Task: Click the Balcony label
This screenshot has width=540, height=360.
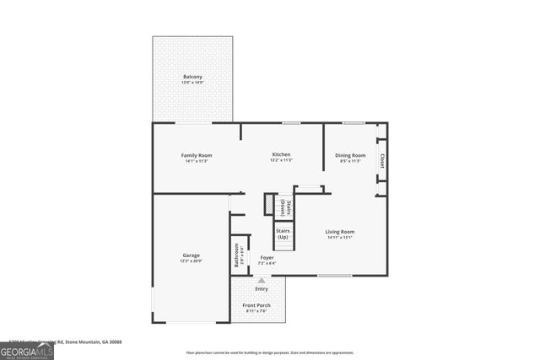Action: (192, 77)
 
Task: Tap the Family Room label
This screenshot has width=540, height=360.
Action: (197, 155)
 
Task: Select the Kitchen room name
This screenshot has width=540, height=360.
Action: (281, 155)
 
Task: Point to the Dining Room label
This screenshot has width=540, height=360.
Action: (350, 155)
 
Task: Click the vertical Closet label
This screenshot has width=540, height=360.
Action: (381, 160)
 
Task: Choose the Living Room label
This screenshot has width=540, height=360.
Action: (341, 231)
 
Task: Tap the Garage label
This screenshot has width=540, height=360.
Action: (191, 255)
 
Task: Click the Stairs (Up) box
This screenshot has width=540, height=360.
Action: (283, 234)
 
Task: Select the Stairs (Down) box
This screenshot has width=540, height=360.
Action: (286, 207)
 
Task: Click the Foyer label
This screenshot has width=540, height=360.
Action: (267, 257)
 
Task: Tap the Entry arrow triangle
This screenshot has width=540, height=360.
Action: (262, 280)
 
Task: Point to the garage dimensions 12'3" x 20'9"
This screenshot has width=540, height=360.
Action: (191, 261)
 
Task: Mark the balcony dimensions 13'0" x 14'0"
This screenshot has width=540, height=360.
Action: (192, 83)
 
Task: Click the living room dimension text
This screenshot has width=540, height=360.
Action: (341, 237)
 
